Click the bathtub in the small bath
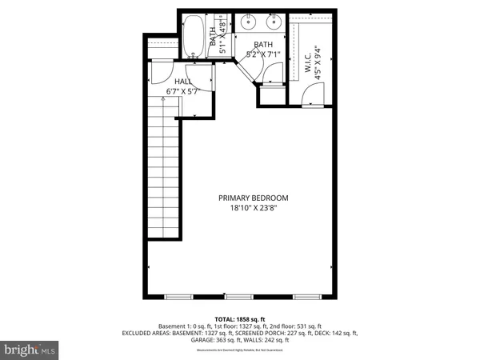[194, 36]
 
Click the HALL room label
[183, 82]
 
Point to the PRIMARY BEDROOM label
[254, 198]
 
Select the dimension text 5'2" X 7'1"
[264, 55]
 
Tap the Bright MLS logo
[30, 350]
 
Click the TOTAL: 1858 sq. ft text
[239, 318]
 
